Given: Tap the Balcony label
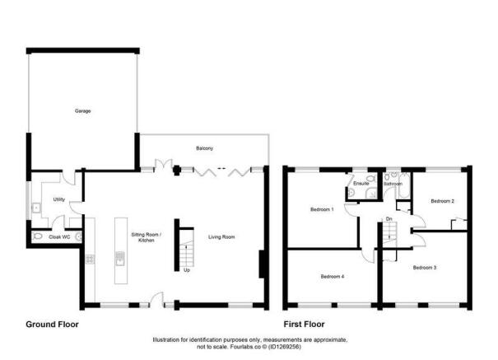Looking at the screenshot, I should click(x=205, y=148).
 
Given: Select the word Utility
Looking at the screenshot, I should click(x=59, y=199).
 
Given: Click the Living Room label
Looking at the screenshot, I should click(x=221, y=237).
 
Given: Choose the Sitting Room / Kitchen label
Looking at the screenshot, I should click(x=148, y=237).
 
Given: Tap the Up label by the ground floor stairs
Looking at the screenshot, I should click(x=187, y=269).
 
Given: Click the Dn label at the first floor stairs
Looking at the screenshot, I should click(x=389, y=218).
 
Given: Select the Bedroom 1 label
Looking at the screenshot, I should click(x=321, y=209).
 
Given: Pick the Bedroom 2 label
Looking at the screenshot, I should click(x=443, y=201).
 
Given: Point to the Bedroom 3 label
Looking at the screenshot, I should click(x=425, y=268).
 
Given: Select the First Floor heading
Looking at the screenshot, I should click(x=305, y=325).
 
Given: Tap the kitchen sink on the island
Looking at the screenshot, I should click(x=120, y=264).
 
